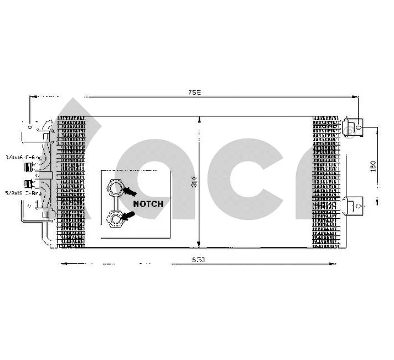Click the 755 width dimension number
193,93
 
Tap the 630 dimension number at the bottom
199,259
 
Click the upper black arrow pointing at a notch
131,191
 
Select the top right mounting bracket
354,127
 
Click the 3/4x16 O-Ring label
23,157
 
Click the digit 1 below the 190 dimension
377,202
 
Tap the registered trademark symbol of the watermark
350,130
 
